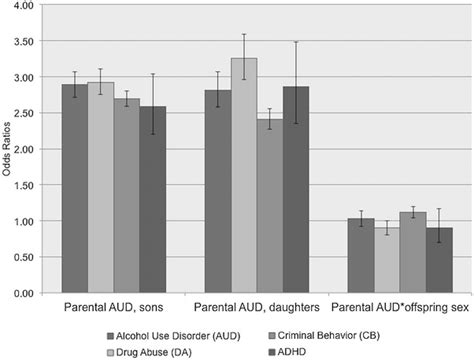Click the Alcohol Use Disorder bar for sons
click(75, 190)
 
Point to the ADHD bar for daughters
click(296, 190)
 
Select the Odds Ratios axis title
click(8, 150)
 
